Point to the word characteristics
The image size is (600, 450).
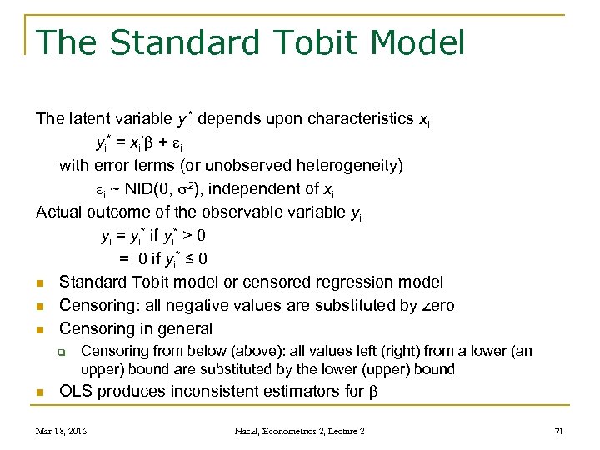360,119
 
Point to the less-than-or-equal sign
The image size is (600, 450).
187,259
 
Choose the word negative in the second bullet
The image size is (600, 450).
208,306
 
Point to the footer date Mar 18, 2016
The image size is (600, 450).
62,431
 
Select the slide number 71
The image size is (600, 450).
559,431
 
